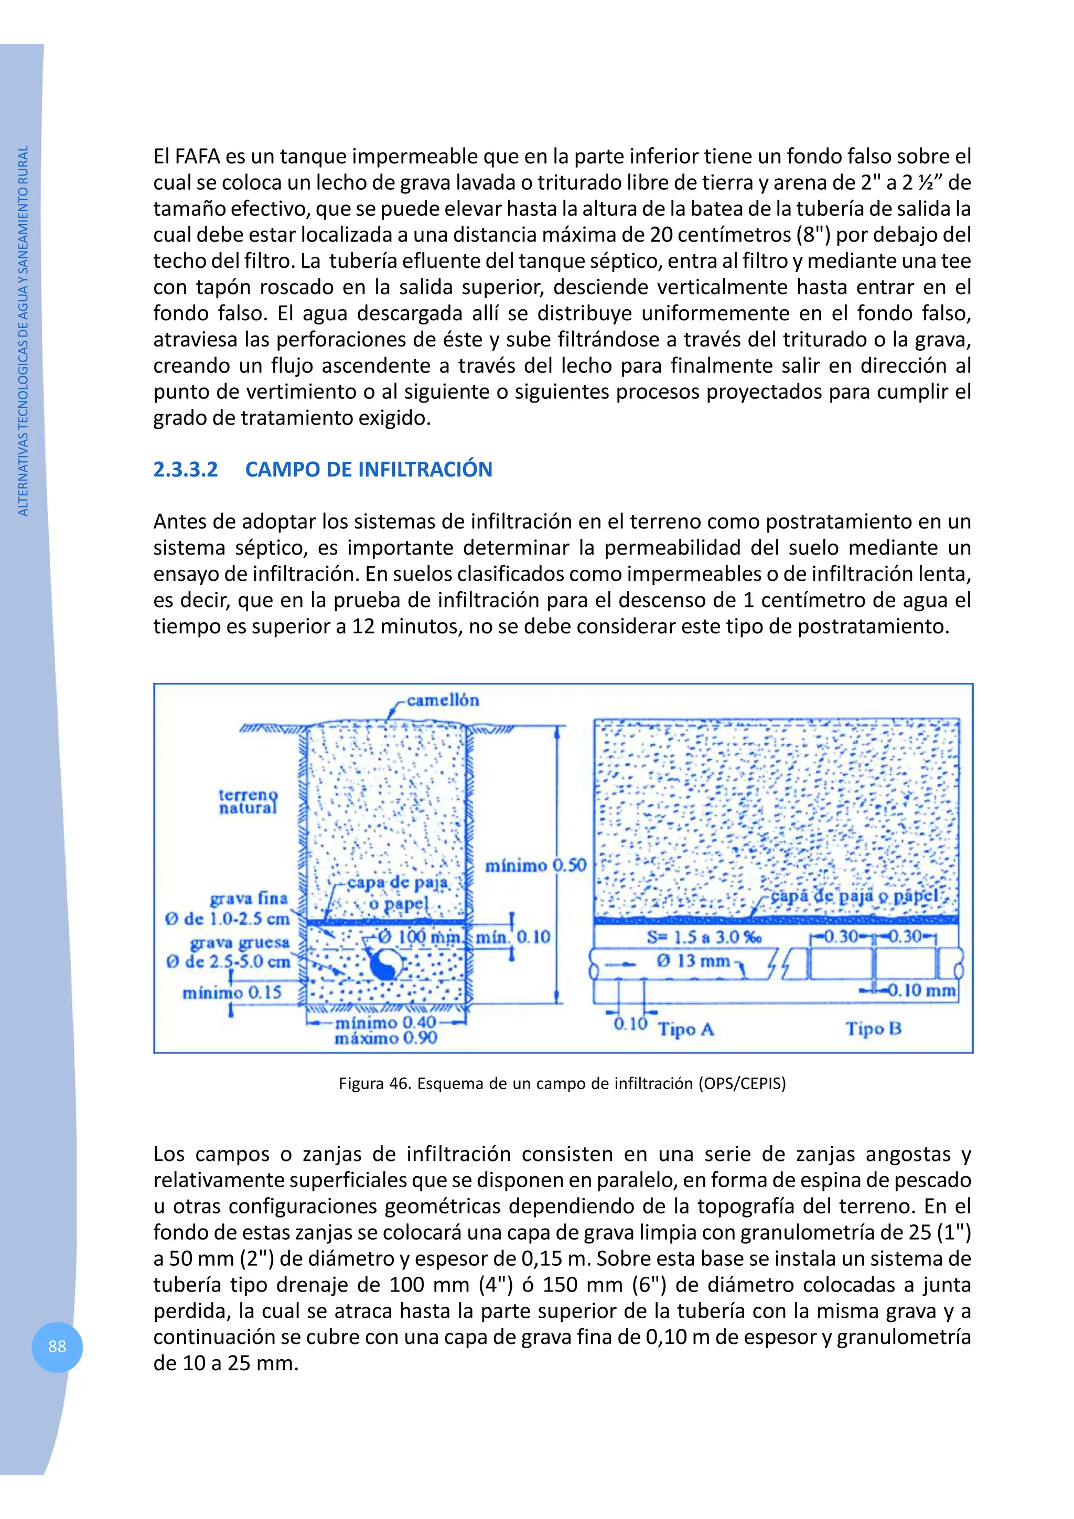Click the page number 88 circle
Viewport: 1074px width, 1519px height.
pyautogui.click(x=57, y=1347)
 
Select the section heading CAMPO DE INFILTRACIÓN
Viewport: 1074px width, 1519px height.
pyautogui.click(x=369, y=470)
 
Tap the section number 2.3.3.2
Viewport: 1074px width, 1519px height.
pyautogui.click(x=185, y=470)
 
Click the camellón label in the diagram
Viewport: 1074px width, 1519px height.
pyautogui.click(x=442, y=700)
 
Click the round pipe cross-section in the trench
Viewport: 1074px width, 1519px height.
pyautogui.click(x=384, y=965)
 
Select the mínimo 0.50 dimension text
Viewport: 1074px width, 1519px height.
pyautogui.click(x=535, y=865)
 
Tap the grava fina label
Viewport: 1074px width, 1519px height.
pyautogui.click(x=249, y=898)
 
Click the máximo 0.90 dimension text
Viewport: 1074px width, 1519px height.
pyautogui.click(x=386, y=1038)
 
